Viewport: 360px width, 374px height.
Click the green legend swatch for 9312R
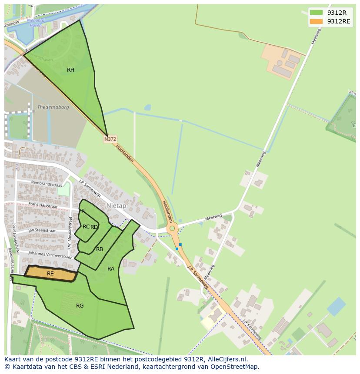click(x=316, y=13)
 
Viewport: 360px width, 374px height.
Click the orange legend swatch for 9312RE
click(x=316, y=21)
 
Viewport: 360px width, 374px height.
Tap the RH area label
click(x=70, y=70)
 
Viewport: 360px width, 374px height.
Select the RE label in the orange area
click(x=50, y=274)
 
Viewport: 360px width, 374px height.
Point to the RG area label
click(x=80, y=306)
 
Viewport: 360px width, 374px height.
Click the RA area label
click(x=111, y=269)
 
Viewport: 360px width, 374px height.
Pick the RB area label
click(x=100, y=249)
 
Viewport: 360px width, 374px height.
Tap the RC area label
click(x=86, y=227)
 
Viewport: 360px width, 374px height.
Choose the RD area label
click(x=94, y=227)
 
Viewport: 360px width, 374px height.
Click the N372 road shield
click(x=110, y=139)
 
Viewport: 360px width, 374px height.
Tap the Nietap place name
click(x=116, y=205)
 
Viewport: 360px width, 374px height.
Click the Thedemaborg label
click(x=53, y=107)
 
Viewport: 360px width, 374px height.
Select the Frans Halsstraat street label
click(x=43, y=205)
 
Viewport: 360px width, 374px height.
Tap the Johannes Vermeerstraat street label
click(x=49, y=254)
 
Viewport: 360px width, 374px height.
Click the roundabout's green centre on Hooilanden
click(x=172, y=228)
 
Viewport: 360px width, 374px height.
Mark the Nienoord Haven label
click(x=34, y=23)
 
